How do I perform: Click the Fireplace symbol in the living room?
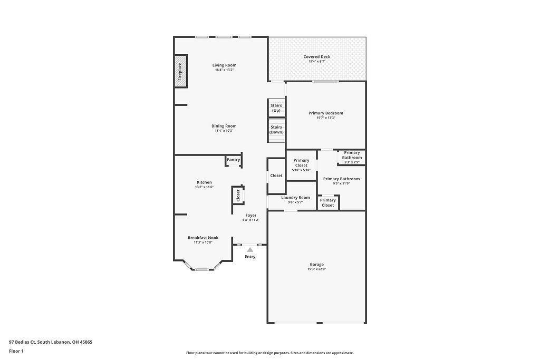pos(180,70)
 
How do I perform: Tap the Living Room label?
pos(224,65)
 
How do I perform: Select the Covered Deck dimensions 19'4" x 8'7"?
pos(316,62)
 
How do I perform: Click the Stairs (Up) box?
pos(276,108)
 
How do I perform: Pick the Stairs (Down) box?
pos(276,130)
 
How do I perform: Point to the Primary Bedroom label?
pos(325,113)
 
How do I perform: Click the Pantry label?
pos(233,160)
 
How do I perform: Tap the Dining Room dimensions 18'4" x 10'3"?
pos(224,131)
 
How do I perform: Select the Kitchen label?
pos(204,182)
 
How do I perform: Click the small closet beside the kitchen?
pos(238,196)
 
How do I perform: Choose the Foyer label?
pos(250,215)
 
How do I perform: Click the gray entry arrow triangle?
pos(250,250)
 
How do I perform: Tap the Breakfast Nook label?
pos(203,238)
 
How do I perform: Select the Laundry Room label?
pos(295,198)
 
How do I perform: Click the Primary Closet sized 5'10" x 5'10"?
pos(301,164)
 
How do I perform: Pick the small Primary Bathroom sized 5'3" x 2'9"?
pos(352,157)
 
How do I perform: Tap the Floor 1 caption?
pos(16,351)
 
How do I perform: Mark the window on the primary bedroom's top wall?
pos(325,81)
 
